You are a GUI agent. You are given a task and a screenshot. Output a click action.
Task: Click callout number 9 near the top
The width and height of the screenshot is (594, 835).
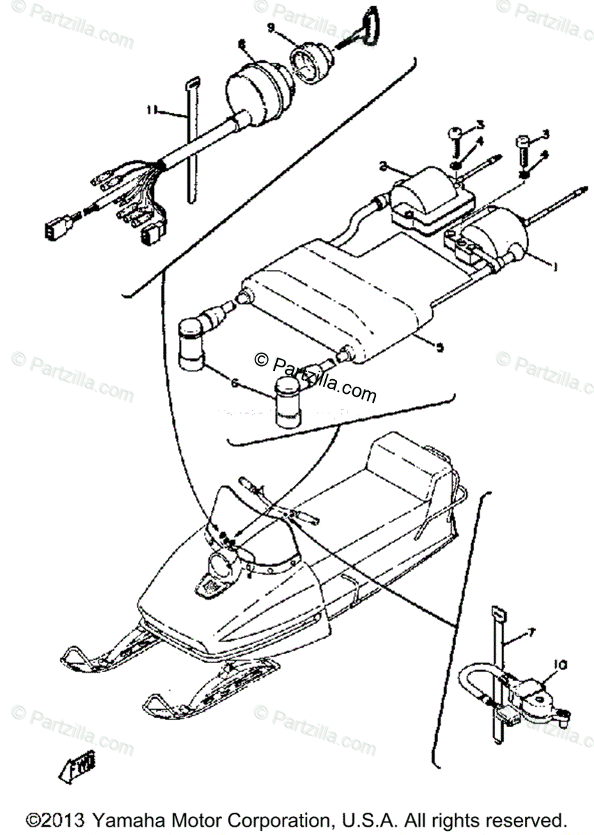272,29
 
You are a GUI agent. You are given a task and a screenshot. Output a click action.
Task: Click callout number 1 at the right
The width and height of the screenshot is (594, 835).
555,265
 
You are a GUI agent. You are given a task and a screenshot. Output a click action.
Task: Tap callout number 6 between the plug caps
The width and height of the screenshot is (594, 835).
234,383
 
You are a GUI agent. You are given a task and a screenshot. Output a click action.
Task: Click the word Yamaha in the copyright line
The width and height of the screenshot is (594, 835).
130,819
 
